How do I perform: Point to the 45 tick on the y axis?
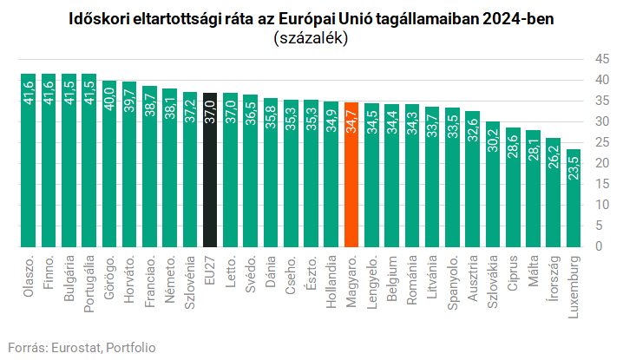598,59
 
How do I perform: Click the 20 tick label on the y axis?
598,163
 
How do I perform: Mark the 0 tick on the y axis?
598,247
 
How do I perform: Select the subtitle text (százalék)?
311,38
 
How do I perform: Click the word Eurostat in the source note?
75,347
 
